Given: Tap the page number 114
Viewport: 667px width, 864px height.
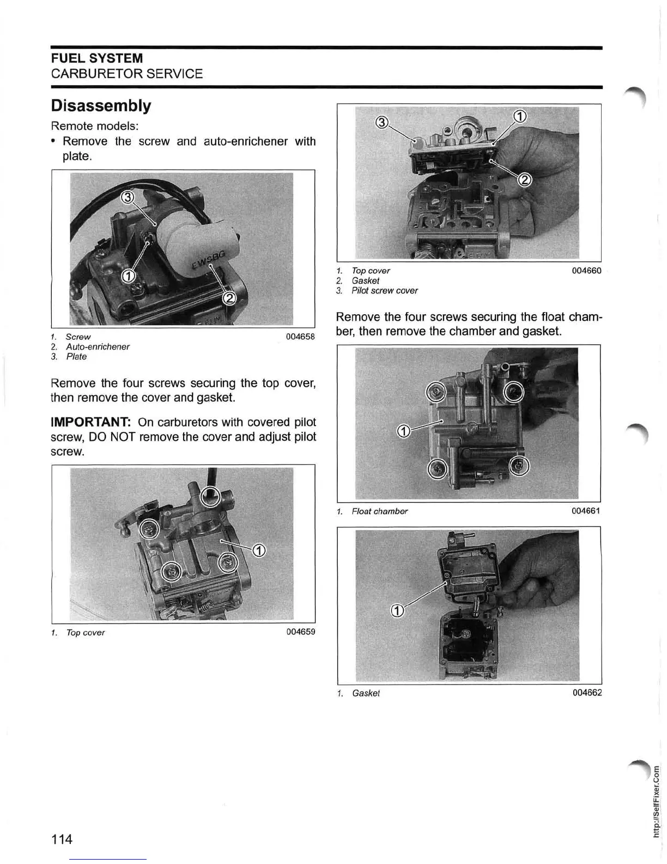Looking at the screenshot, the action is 62,838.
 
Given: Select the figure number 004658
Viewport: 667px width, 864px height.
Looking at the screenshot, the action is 300,337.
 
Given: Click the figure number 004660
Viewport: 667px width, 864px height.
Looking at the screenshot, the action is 586,271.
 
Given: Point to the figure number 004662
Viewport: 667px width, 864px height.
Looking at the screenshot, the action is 587,693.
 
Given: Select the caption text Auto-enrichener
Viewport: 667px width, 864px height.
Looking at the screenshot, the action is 98,347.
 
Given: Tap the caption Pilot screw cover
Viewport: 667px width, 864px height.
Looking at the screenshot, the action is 384,291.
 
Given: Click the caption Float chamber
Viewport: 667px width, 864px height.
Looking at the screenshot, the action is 379,511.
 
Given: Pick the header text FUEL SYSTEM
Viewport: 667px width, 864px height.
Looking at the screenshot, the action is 96,58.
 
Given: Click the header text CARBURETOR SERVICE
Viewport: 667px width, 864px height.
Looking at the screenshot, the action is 126,74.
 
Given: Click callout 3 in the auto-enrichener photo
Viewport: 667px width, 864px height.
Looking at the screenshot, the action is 126,197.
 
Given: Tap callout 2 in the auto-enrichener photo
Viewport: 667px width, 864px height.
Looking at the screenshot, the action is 229,298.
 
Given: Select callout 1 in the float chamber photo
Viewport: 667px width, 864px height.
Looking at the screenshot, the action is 403,432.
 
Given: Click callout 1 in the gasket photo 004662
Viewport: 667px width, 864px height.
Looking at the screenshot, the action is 398,610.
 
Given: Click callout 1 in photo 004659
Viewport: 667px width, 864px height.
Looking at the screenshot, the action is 259,551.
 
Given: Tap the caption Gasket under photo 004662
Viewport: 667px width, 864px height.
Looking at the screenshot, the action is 366,693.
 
